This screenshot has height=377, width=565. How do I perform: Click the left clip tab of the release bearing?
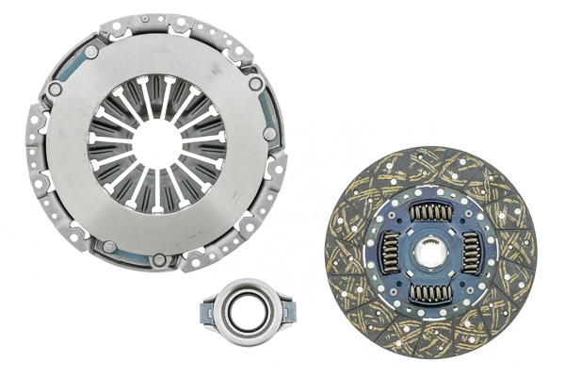tap(205, 308)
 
